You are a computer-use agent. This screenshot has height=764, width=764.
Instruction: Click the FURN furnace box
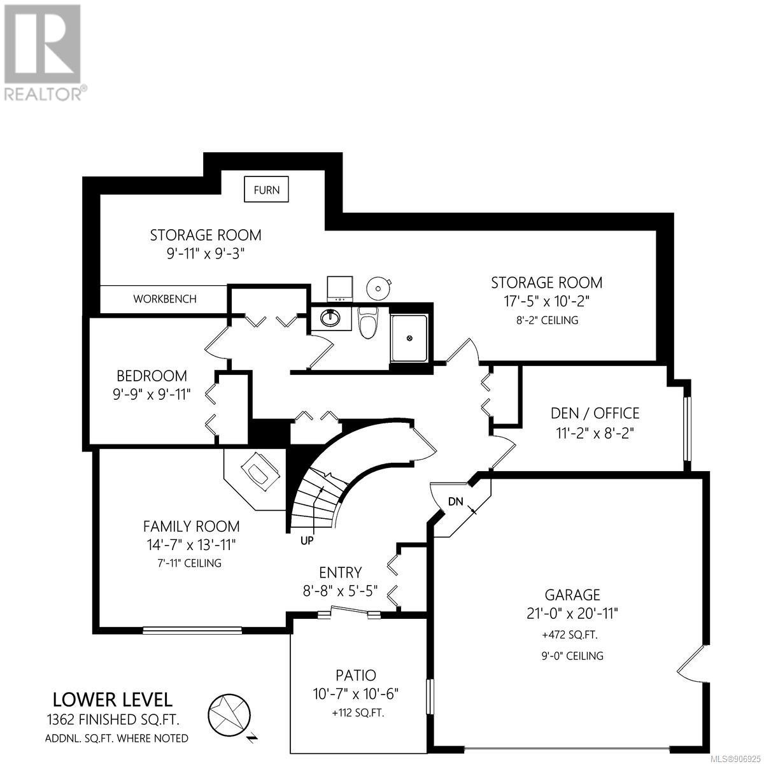(x=266, y=189)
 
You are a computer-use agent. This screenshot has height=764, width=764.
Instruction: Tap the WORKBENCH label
(x=164, y=299)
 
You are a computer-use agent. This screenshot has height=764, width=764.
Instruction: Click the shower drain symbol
(x=409, y=338)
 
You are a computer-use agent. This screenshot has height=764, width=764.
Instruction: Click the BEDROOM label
(x=152, y=376)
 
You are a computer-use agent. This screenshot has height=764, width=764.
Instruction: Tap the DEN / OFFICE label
(x=595, y=413)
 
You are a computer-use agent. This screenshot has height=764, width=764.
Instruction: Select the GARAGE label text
(x=572, y=595)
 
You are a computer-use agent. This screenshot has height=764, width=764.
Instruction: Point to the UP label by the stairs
(x=307, y=541)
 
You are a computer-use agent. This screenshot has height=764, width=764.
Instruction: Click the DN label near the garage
(x=456, y=502)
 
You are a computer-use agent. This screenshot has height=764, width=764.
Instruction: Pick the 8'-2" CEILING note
(x=547, y=320)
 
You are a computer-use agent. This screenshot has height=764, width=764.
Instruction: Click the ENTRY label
(x=341, y=572)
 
